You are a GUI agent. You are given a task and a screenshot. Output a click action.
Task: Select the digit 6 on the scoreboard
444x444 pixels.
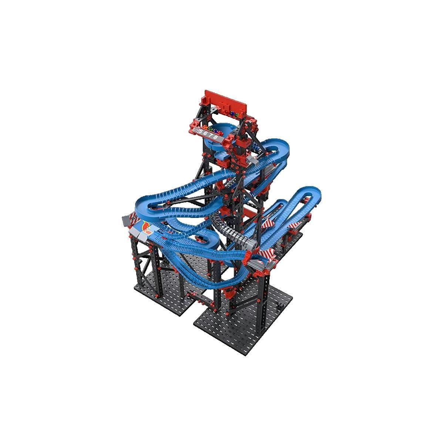[206, 134]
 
